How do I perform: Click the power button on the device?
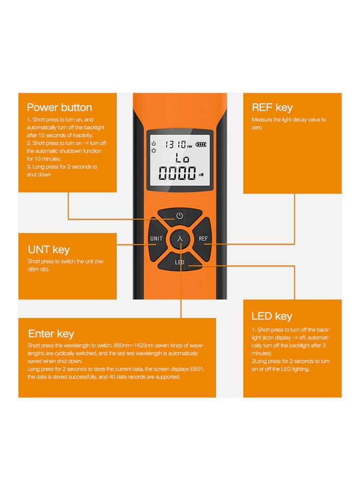(179, 216)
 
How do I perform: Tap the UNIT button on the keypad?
(156, 239)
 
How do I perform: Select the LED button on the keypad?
(179, 262)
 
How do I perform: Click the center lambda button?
(179, 239)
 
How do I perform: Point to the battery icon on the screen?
(202, 145)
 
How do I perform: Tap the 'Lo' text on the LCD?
(179, 159)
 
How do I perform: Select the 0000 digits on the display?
(176, 175)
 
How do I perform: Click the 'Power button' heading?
(59, 107)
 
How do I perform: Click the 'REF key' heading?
(272, 107)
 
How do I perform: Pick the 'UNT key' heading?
(49, 250)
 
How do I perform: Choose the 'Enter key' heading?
(51, 333)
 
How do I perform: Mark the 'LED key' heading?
(272, 316)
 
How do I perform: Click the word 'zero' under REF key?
(257, 127)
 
